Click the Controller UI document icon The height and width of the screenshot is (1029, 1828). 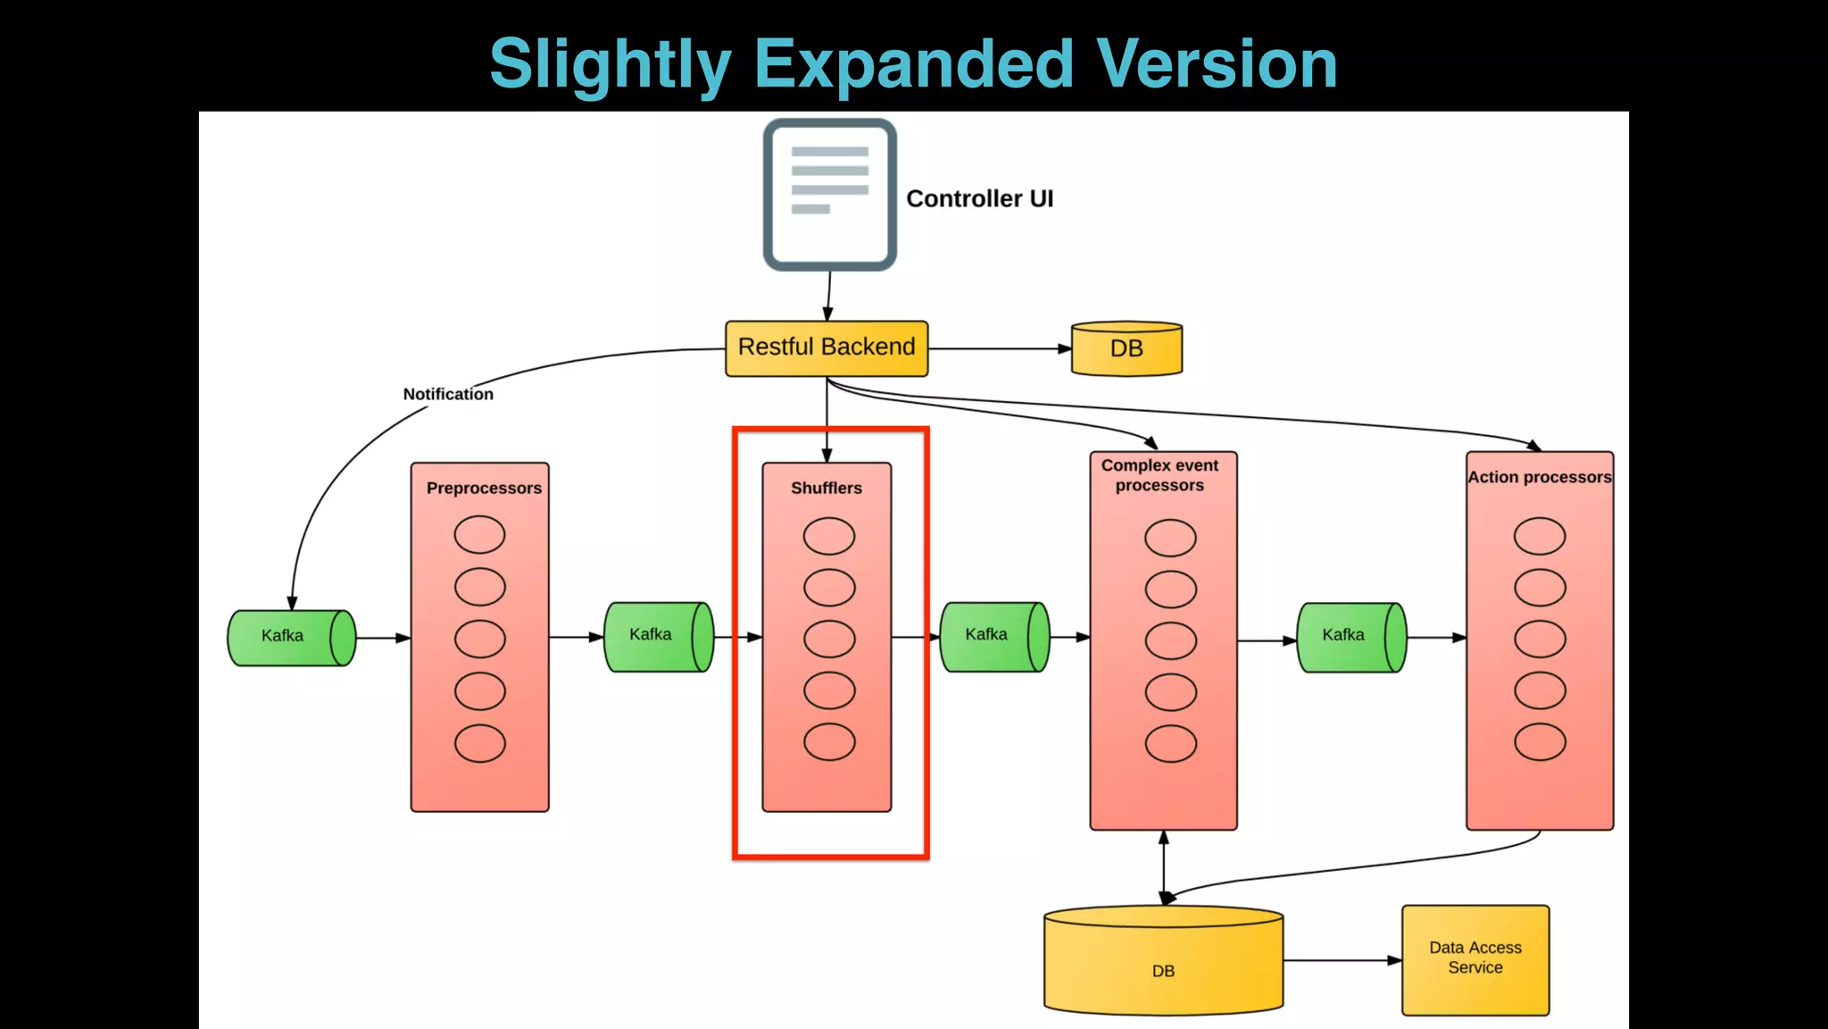[x=829, y=195]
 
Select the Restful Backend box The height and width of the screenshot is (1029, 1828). [x=827, y=348]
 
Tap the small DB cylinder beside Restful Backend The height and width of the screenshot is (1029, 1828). [x=1126, y=349]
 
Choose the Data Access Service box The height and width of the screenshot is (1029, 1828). [x=1475, y=959]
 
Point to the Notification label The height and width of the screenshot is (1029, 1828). [x=448, y=394]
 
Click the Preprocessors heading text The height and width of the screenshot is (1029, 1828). [x=484, y=489]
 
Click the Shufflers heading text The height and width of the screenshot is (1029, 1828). [x=827, y=489]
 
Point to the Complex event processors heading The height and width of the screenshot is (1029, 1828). [x=1159, y=475]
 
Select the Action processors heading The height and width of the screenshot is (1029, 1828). [x=1540, y=477]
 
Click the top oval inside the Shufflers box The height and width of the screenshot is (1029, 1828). [x=829, y=536]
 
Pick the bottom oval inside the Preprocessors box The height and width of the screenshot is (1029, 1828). [x=480, y=743]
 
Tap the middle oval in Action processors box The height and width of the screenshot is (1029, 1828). [x=1540, y=639]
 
